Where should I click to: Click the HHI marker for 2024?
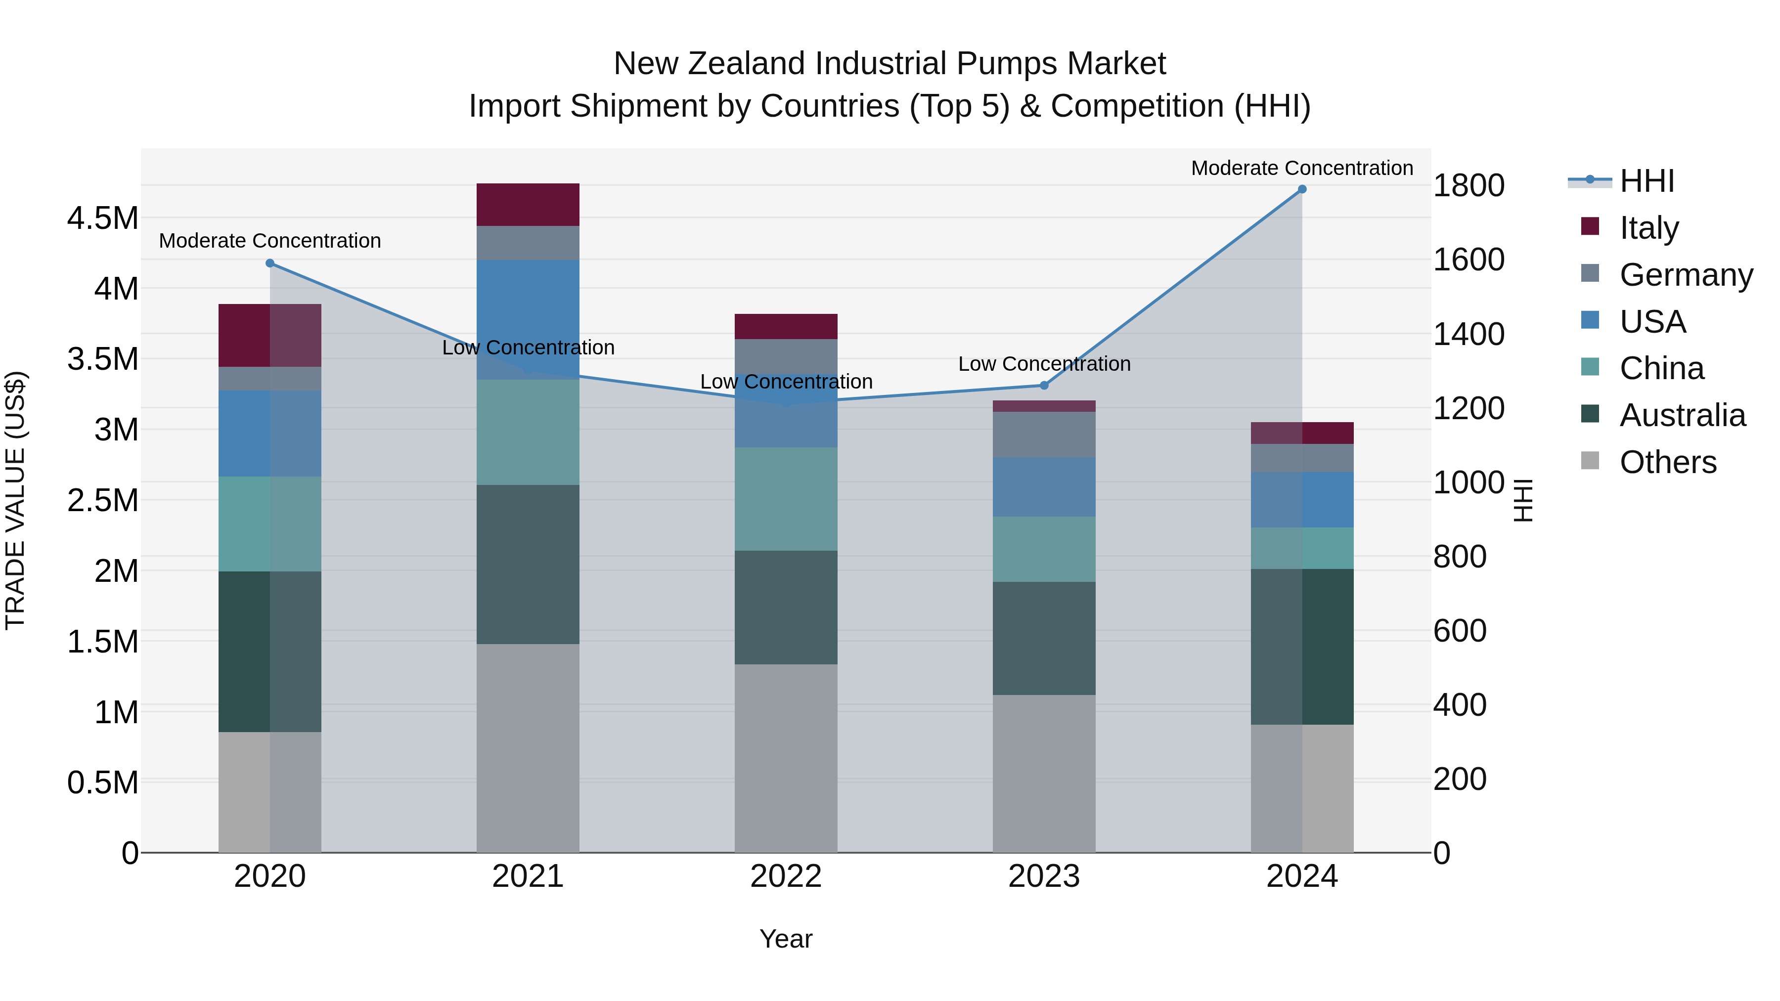click(x=1302, y=189)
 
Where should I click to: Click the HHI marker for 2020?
click(x=270, y=263)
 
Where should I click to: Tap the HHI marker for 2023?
click(x=1044, y=386)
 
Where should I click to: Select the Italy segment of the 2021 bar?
click(x=528, y=205)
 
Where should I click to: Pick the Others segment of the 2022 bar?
click(x=786, y=758)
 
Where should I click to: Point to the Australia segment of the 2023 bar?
click(x=1044, y=638)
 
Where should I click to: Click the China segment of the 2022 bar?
click(x=786, y=498)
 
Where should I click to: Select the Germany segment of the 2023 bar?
click(x=1044, y=434)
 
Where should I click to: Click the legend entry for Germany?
click(x=1686, y=275)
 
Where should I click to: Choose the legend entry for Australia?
click(x=1682, y=415)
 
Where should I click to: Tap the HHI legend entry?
click(x=1646, y=181)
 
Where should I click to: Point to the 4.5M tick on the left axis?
click(x=102, y=218)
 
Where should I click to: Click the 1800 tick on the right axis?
click(x=1468, y=185)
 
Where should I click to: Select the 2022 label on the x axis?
click(x=786, y=876)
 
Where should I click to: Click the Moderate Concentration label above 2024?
click(x=1302, y=168)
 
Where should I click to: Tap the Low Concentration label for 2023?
click(x=1044, y=363)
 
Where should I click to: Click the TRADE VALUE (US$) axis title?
click(x=15, y=500)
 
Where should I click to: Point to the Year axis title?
click(x=786, y=939)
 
